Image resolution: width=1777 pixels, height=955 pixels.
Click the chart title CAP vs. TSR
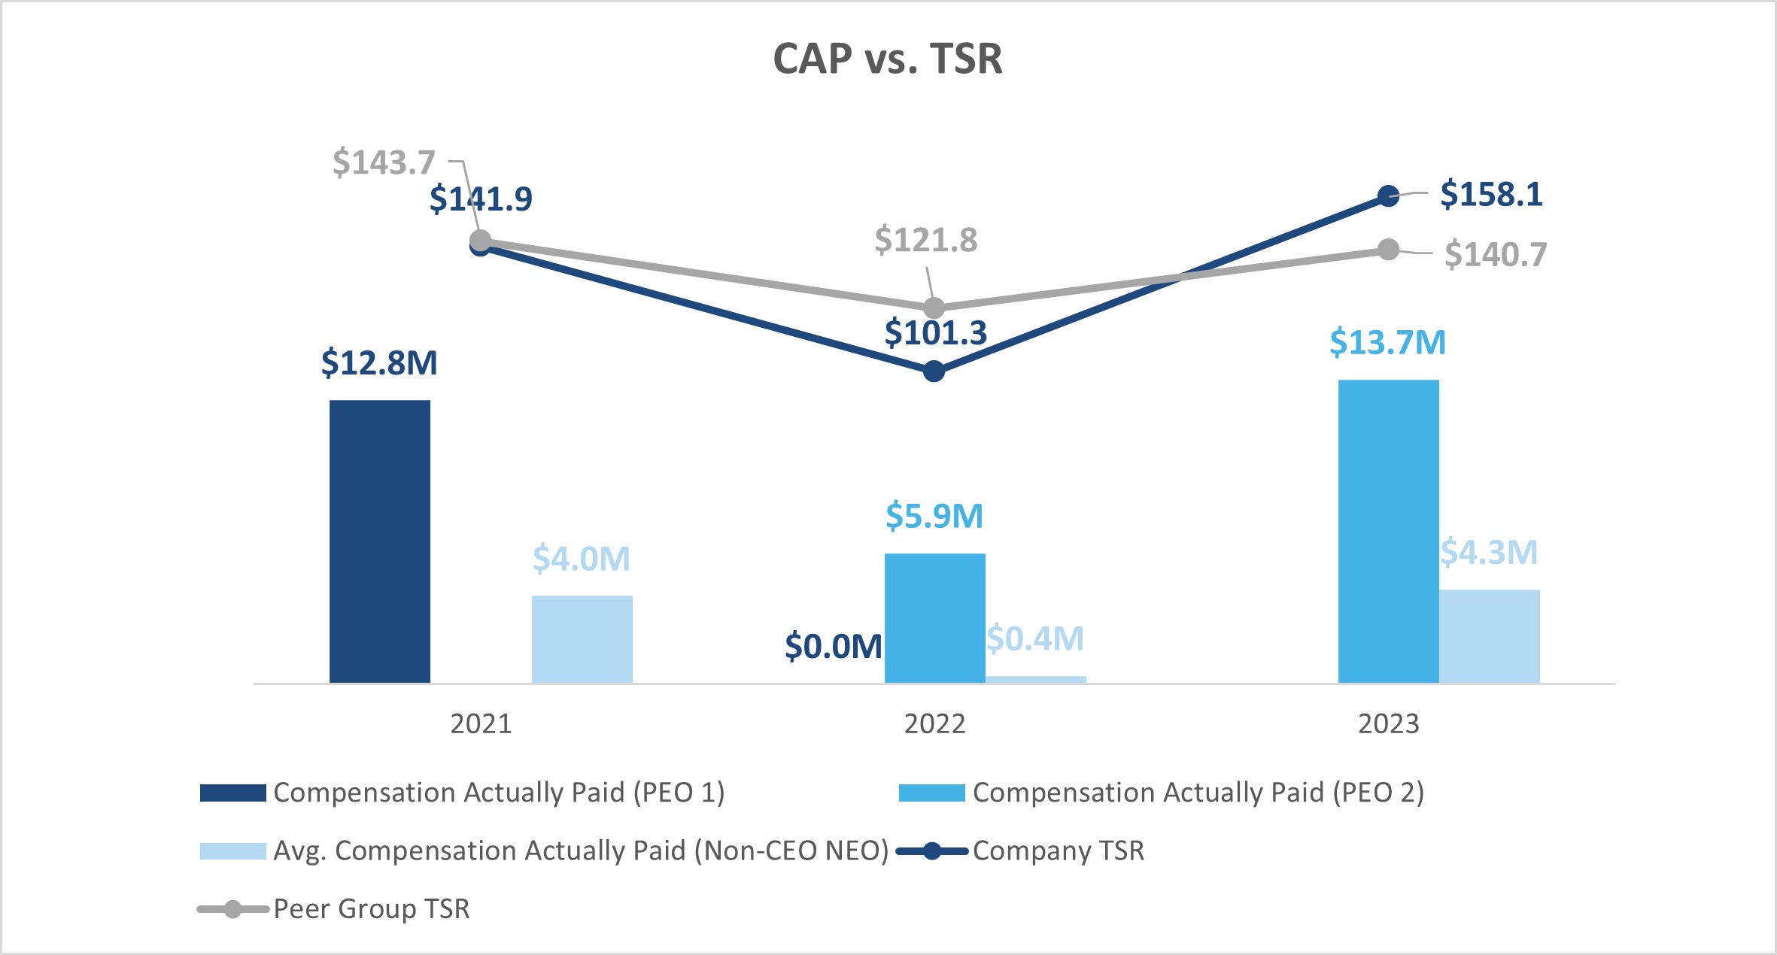click(x=888, y=59)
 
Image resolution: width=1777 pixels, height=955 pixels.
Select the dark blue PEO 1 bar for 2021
click(x=380, y=541)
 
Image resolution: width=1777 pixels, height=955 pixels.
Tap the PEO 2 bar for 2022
click(x=934, y=618)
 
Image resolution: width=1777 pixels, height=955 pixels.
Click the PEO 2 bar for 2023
click(x=1388, y=531)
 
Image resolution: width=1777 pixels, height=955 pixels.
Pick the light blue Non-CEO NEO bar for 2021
click(x=582, y=639)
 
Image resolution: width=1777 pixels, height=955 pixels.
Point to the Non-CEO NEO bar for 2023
click(x=1490, y=636)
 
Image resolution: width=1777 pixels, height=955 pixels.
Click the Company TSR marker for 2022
click(x=934, y=371)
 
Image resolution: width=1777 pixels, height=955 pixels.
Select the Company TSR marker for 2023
click(x=1388, y=196)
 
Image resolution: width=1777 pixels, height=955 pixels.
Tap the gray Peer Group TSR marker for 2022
click(x=934, y=308)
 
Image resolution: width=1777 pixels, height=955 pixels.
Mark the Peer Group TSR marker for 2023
click(x=1388, y=250)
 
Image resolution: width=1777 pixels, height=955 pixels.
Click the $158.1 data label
click(x=1491, y=194)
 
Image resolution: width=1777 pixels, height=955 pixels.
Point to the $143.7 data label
click(x=384, y=162)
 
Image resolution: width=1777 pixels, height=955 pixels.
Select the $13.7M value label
click(x=1387, y=343)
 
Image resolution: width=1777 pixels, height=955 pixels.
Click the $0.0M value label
click(x=833, y=647)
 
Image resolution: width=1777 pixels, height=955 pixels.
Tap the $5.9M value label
click(x=934, y=516)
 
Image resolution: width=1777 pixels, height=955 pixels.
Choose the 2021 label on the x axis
click(x=481, y=723)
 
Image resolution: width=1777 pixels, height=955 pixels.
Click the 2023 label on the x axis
click(x=1388, y=723)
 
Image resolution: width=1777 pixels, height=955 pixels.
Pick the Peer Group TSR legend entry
click(x=370, y=909)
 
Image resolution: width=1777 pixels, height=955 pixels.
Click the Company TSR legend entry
click(x=1057, y=851)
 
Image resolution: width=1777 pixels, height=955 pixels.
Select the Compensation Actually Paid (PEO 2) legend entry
click(x=1198, y=793)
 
